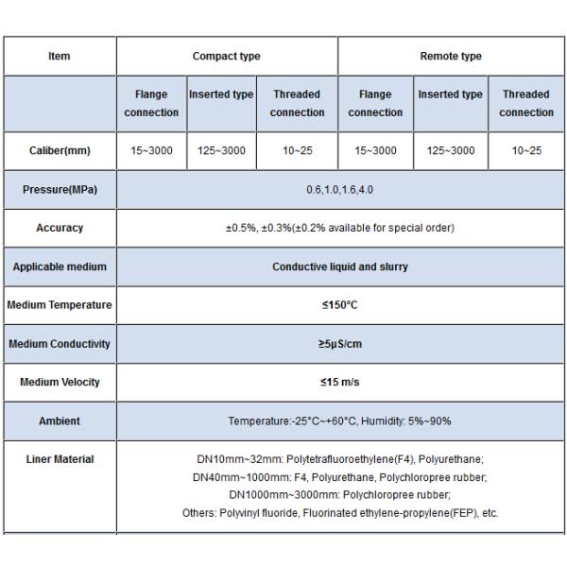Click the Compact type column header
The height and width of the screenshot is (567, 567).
click(x=227, y=57)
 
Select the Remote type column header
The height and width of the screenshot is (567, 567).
click(x=451, y=57)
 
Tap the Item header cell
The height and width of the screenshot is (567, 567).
click(x=59, y=57)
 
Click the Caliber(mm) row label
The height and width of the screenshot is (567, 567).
click(x=59, y=151)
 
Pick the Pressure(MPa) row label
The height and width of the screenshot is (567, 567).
click(x=60, y=190)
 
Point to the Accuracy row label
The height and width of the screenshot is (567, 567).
click(x=60, y=228)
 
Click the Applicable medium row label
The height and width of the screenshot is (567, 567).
click(x=60, y=266)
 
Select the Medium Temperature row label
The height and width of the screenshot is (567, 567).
click(x=60, y=305)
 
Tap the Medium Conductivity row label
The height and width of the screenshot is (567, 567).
click(x=60, y=344)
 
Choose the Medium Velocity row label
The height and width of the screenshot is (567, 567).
click(x=60, y=383)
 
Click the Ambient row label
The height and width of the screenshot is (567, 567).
click(x=60, y=421)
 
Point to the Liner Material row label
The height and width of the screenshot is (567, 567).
click(x=60, y=459)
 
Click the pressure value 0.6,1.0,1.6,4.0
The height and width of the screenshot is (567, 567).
click(x=340, y=190)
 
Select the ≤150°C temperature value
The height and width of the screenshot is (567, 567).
click(x=340, y=305)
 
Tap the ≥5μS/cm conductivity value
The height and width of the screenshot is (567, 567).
click(x=340, y=344)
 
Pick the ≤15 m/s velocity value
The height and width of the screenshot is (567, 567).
click(x=340, y=383)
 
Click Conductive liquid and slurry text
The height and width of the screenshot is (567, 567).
click(x=340, y=266)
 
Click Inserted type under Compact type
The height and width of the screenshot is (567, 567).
click(x=221, y=94)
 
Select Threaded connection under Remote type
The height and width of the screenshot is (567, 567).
click(x=526, y=103)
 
